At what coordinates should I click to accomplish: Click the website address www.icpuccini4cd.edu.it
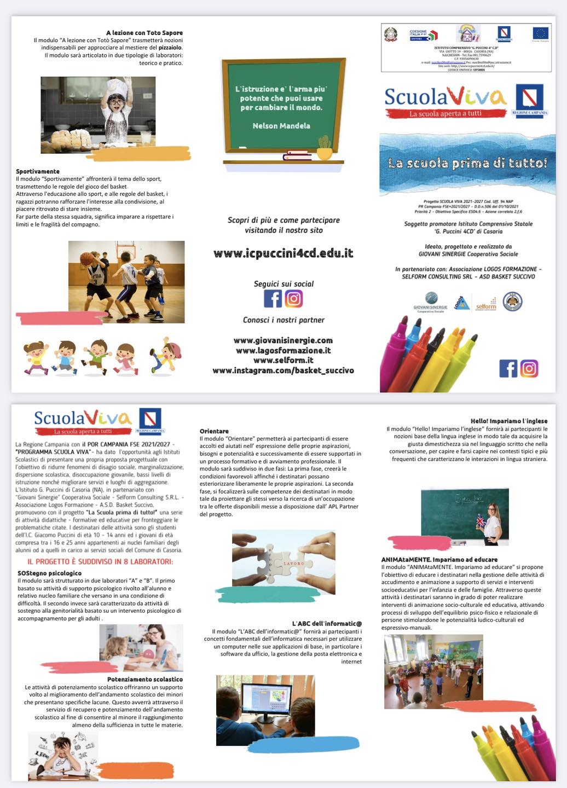283,253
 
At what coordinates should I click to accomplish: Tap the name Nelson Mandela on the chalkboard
281,126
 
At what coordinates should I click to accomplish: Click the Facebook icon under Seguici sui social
273,299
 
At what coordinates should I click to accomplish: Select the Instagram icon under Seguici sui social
294,299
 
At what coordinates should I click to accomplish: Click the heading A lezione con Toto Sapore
144,33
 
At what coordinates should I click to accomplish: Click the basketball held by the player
86,258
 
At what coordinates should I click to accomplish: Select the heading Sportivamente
38,171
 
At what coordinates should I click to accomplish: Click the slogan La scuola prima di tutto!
467,163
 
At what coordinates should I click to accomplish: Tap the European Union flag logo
540,33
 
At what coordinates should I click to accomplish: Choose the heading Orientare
214,431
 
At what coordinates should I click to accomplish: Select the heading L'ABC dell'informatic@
327,623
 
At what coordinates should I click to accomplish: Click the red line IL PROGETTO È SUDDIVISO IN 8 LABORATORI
100,561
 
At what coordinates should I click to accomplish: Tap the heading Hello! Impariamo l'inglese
509,421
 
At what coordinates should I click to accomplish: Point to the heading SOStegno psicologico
49,573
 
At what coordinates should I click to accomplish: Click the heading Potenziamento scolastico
145,679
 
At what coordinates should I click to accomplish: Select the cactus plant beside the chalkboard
325,146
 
